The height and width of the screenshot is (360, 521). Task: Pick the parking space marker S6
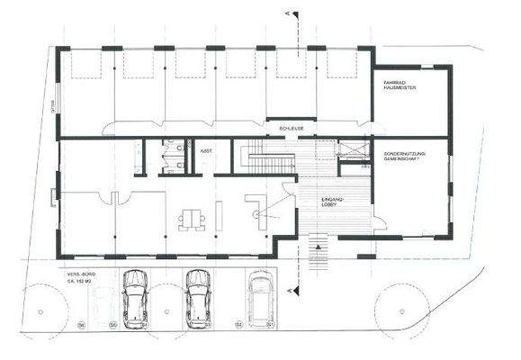80,323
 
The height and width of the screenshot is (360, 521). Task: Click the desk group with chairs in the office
190,216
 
